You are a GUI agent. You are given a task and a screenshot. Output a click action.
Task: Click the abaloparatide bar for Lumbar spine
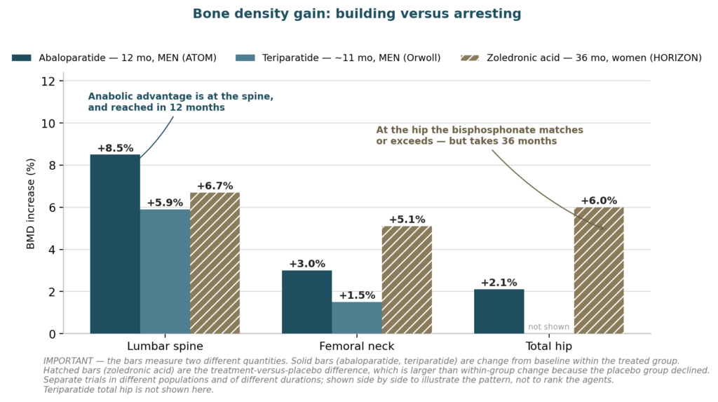[115, 244]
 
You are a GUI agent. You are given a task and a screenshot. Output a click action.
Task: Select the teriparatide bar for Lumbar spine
[165, 272]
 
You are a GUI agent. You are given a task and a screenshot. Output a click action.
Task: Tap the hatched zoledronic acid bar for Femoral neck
[407, 280]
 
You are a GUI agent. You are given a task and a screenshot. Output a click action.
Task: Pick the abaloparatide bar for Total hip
[499, 311]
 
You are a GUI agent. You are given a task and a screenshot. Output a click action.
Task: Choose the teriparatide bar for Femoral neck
[357, 318]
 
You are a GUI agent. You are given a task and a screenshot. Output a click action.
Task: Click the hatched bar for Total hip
[599, 270]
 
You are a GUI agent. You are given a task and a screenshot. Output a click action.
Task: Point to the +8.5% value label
[115, 148]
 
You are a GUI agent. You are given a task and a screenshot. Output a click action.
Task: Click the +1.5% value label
[357, 295]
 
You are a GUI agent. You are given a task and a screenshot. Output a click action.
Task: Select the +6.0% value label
[599, 201]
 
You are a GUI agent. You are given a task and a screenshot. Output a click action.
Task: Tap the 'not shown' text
[548, 327]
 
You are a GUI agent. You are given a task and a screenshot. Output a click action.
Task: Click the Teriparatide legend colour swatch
[245, 58]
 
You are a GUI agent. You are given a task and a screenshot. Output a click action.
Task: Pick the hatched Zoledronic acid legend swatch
[469, 58]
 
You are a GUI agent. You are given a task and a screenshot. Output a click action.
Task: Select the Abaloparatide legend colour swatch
[22, 58]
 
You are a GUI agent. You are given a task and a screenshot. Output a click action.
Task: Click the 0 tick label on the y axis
[52, 334]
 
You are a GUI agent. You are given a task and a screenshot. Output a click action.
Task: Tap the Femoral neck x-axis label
[357, 346]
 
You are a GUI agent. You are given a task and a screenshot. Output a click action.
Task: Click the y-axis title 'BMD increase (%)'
[31, 204]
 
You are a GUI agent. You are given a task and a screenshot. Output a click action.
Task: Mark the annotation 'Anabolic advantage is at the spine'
[180, 97]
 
